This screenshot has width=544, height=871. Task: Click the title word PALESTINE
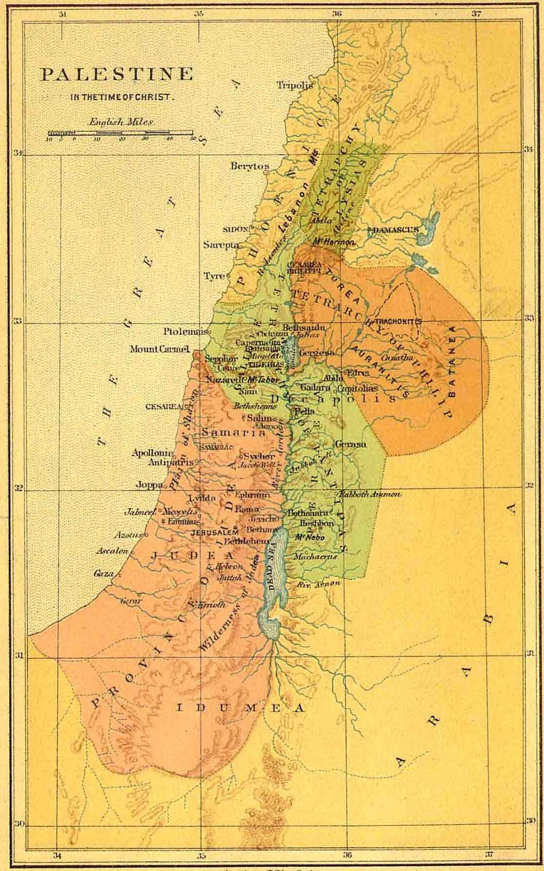[117, 75]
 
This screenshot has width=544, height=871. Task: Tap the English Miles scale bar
[120, 133]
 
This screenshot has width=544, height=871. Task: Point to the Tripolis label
[294, 85]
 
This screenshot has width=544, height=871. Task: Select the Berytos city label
[250, 165]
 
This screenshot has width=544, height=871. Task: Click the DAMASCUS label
[395, 230]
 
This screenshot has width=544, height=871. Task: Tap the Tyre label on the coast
[214, 276]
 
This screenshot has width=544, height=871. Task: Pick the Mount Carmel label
[159, 349]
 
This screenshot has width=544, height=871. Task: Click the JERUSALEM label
[216, 532]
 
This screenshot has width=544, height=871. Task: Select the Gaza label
[104, 574]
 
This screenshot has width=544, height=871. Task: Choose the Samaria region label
[233, 433]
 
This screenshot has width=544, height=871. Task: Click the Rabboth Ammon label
[370, 494]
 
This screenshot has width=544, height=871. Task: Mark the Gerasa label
[350, 444]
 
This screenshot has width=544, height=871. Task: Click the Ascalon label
[113, 551]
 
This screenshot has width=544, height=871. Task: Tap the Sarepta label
[221, 245]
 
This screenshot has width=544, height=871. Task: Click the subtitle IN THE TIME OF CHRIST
[122, 97]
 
